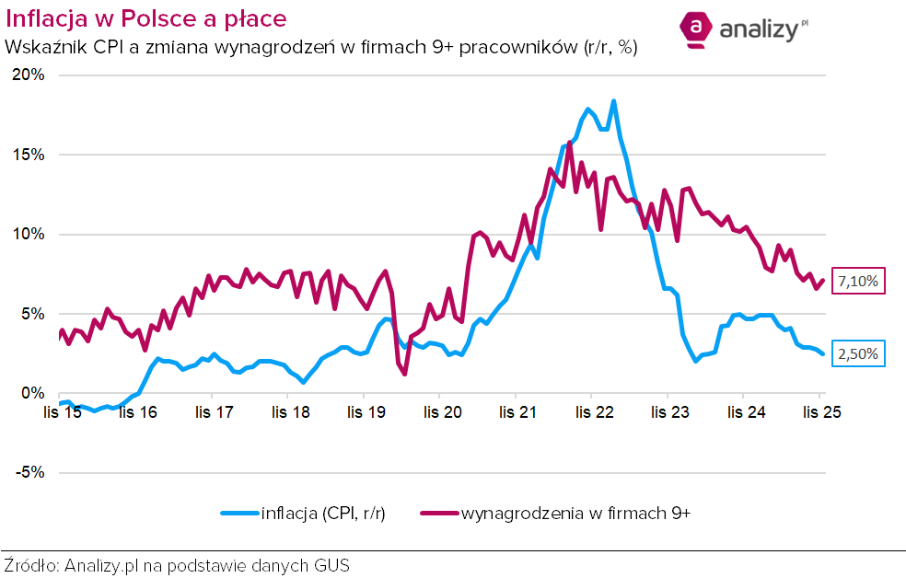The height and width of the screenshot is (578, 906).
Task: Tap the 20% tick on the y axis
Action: click(x=28, y=75)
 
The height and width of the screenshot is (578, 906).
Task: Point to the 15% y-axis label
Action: click(x=28, y=155)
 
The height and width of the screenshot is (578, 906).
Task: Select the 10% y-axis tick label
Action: click(x=28, y=234)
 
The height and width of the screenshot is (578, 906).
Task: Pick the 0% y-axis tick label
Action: click(x=33, y=393)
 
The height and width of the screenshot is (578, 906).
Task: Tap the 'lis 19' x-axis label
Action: click(x=366, y=412)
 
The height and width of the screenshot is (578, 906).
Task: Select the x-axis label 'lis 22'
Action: click(x=594, y=412)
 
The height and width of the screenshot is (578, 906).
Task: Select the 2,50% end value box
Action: click(x=859, y=353)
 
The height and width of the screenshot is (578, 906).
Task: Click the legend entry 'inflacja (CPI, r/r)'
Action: click(x=303, y=514)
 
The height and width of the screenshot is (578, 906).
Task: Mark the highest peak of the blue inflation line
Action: click(x=613, y=101)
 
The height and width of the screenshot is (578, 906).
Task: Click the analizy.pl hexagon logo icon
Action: click(x=697, y=29)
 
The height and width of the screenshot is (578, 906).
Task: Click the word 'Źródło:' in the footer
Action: click(x=31, y=565)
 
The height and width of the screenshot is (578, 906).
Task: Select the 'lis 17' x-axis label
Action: click(x=214, y=412)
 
